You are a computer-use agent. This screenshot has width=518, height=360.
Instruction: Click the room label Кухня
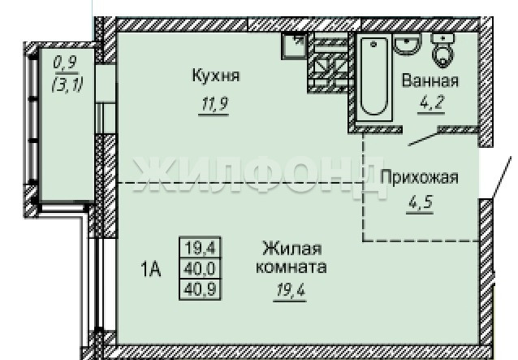pos(216,75)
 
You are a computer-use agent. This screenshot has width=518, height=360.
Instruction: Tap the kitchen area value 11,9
pos(214,105)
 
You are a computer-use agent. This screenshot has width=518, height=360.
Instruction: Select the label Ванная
pos(430,80)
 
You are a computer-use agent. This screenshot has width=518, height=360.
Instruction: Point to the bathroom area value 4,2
pos(430,103)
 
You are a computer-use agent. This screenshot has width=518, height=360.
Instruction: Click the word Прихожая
pos(419,177)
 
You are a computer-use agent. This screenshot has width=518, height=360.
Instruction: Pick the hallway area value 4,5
pos(421,202)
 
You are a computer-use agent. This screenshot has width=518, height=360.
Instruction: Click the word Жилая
pos(292,249)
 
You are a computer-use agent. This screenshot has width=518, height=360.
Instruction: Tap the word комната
pos(291,267)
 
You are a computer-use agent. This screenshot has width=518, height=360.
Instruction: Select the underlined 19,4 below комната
pos(291,290)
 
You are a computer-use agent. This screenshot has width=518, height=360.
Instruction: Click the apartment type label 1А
pos(151,269)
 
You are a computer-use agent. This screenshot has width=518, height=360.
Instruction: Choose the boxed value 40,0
pos(200,269)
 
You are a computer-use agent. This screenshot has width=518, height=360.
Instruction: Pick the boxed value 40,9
pos(200,289)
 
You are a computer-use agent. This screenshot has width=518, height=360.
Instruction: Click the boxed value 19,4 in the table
pos(200,248)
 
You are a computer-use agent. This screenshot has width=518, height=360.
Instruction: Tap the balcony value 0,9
pos(65,62)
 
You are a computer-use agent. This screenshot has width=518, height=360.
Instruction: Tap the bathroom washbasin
pos(407,45)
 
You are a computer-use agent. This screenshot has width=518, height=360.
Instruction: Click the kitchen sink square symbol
pos(293,46)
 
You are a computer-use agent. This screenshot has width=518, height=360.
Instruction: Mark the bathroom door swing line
pos(424,139)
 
